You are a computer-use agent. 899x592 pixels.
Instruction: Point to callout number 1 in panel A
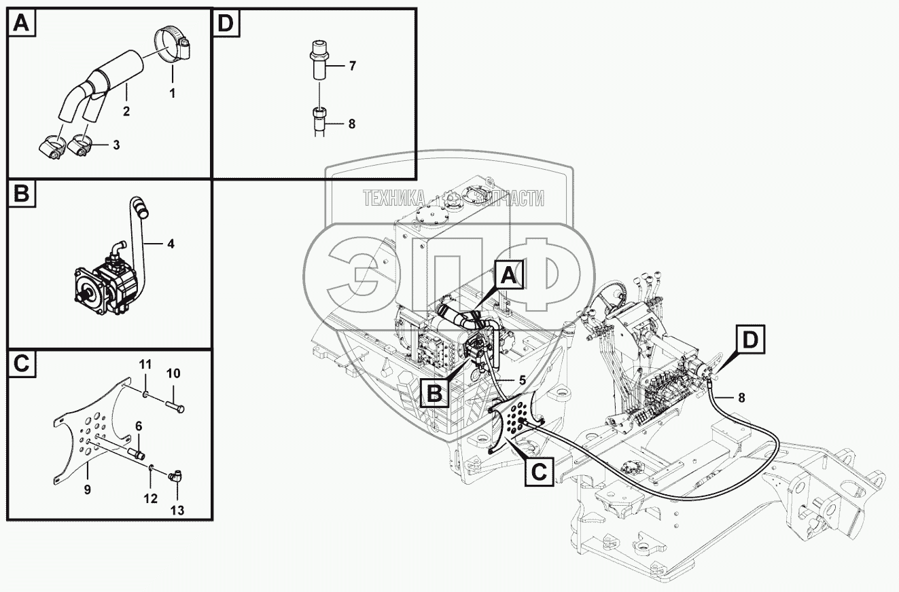172,93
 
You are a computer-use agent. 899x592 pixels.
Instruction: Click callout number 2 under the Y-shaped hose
126,110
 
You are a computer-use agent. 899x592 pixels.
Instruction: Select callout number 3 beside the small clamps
116,145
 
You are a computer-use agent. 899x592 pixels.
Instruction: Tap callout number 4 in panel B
171,243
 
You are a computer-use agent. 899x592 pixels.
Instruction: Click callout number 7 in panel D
352,66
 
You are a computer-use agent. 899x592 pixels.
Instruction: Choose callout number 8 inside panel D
351,124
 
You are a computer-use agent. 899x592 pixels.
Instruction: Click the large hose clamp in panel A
172,42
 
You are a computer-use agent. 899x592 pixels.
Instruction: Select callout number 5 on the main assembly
521,381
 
